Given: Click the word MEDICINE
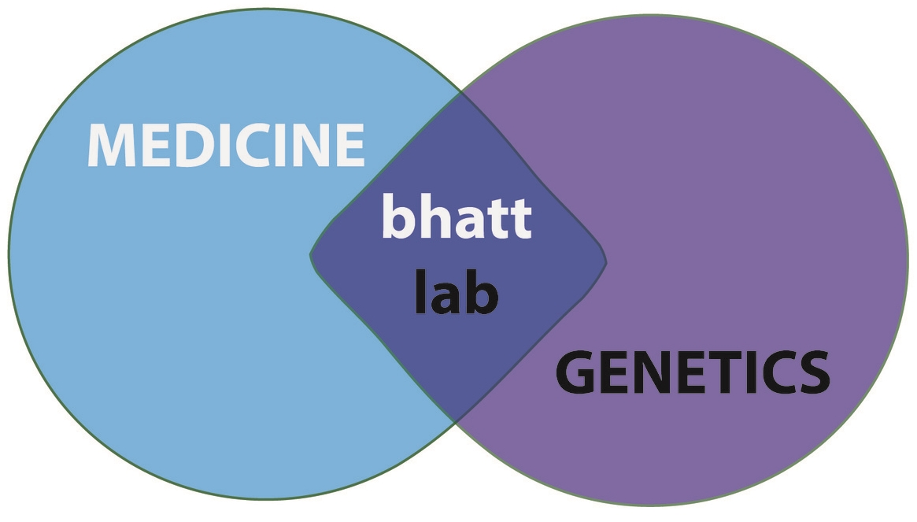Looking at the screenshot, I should click(x=225, y=145).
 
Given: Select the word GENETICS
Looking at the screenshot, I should click(x=693, y=374).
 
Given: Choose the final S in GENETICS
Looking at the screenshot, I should click(x=811, y=374).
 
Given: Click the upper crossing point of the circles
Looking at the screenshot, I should click(x=460, y=94).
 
